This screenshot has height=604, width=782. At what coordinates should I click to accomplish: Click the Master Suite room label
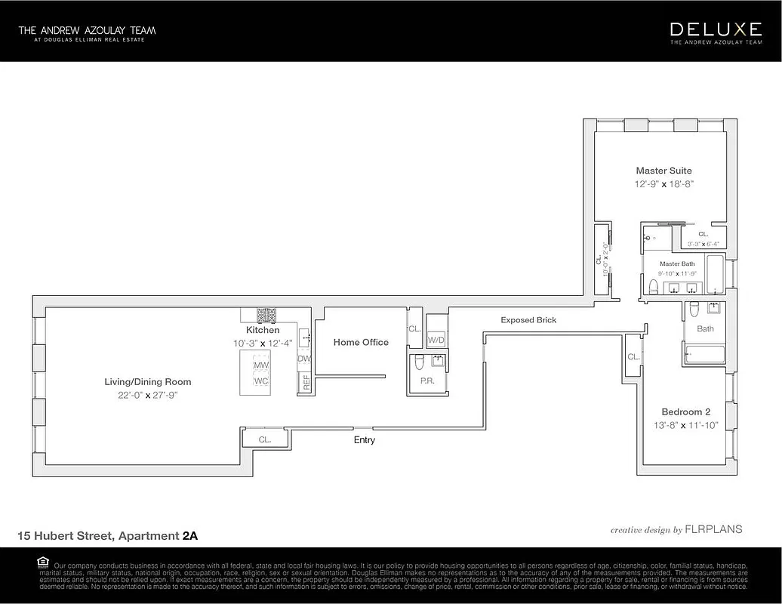663,171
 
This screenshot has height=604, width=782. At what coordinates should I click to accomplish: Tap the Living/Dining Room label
147,382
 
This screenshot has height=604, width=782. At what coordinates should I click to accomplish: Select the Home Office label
361,342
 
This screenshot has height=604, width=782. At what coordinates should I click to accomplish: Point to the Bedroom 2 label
685,411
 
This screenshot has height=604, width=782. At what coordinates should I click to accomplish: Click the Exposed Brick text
528,320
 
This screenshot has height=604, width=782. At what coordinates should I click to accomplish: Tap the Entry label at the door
364,439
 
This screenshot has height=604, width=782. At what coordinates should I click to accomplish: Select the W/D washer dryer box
436,341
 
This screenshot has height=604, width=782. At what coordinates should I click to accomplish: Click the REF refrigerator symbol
306,383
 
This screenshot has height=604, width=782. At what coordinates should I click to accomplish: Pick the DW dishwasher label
304,359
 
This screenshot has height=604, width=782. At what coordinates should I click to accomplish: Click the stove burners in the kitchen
266,315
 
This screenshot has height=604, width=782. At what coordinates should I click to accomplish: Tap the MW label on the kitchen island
261,365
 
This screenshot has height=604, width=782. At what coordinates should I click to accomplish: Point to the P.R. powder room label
426,381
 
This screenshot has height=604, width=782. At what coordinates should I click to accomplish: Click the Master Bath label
677,263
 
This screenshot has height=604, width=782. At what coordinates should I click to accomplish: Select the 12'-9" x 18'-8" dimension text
663,183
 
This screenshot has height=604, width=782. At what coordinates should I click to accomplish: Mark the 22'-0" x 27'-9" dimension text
147,395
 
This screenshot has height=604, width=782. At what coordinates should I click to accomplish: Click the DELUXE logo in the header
716,29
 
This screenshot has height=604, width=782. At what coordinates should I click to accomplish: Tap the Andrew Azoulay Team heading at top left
87,30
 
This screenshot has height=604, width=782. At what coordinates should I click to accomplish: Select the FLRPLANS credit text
713,529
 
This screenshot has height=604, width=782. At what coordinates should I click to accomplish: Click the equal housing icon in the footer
42,562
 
